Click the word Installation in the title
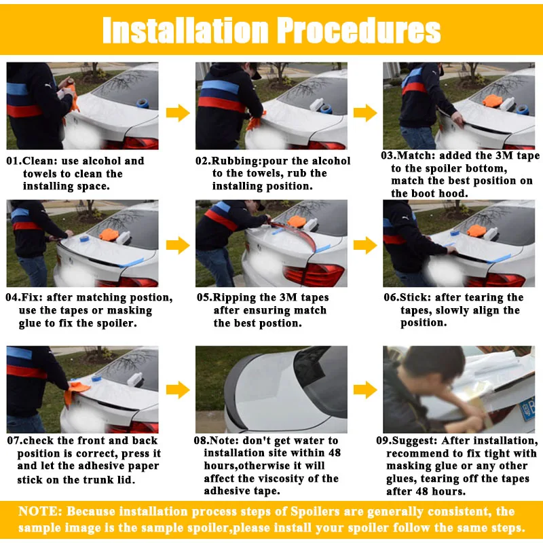tap(185, 30)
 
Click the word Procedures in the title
tap(359, 30)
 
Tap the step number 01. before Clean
tap(14, 161)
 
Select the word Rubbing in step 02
tap(236, 162)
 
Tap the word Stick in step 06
tap(414, 297)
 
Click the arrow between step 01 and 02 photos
tap(178, 113)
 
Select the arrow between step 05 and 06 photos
tap(365, 245)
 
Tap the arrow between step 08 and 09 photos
tap(365, 390)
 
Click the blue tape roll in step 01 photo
tap(143, 103)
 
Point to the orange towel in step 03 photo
tap(492, 100)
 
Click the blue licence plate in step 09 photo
tap(527, 409)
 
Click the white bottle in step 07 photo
tap(134, 379)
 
